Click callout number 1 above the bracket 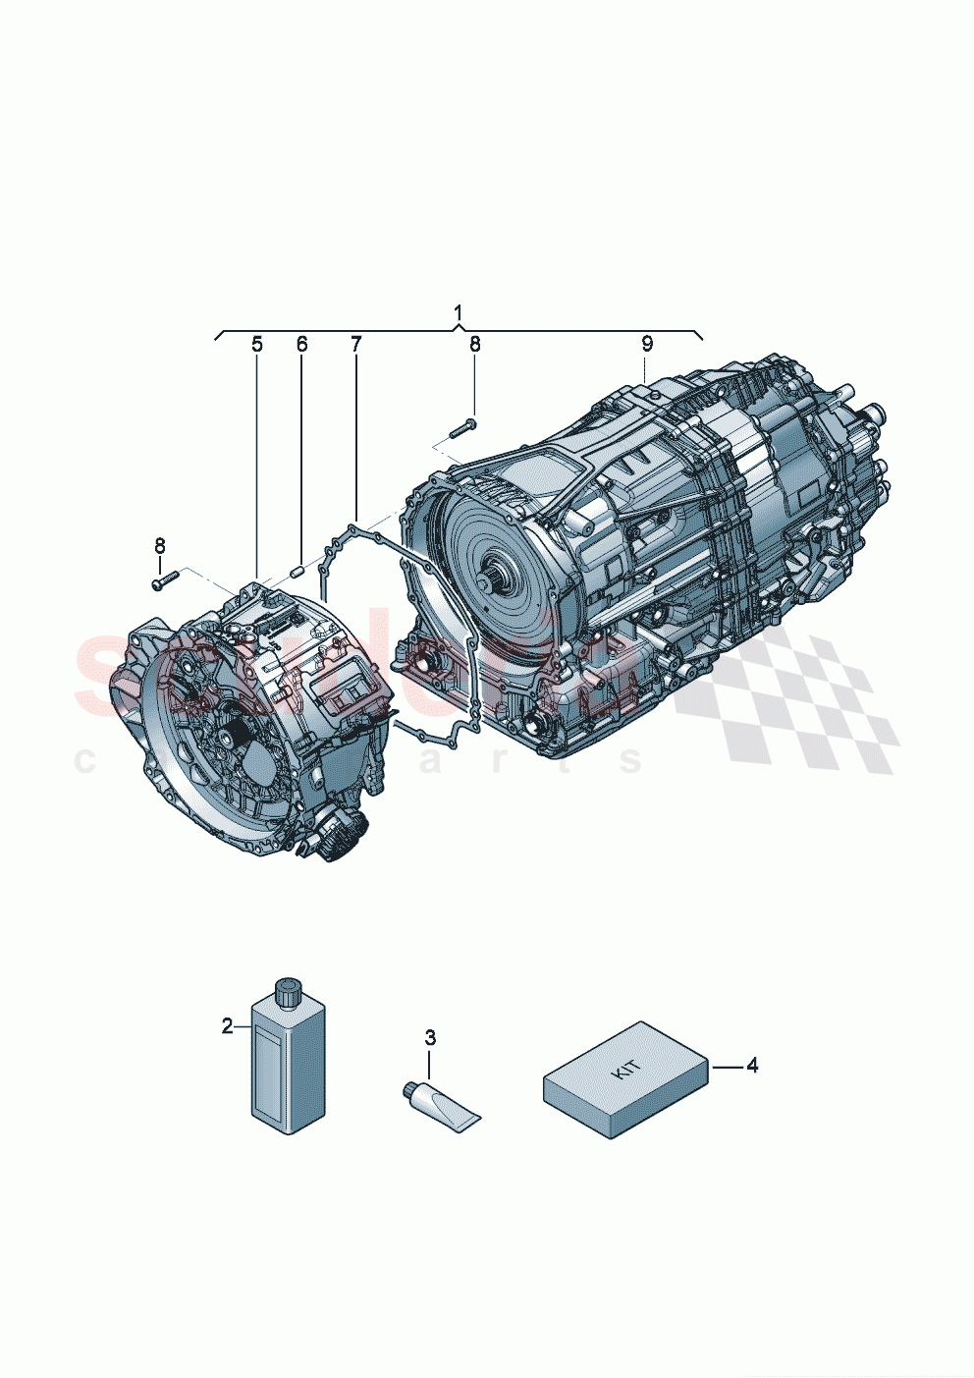point(459,312)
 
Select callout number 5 point(257,344)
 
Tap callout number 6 point(301,344)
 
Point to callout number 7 point(355,344)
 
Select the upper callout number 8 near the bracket point(475,344)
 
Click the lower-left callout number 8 point(160,545)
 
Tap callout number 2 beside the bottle point(228,1025)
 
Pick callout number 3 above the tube point(430,1037)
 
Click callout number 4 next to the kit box point(752,1065)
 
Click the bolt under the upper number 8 point(462,427)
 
